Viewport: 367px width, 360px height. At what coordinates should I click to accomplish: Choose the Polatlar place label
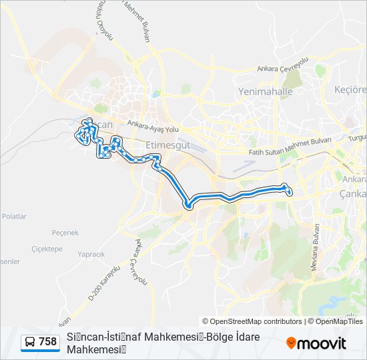pyautogui.click(x=14, y=217)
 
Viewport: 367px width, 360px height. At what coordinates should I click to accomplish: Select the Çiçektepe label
pyautogui.click(x=47, y=248)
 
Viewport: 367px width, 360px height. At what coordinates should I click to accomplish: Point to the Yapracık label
pyautogui.click(x=91, y=254)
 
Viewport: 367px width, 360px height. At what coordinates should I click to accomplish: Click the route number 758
pyautogui.click(x=47, y=342)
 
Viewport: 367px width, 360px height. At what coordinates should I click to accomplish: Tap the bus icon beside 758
pyautogui.click(x=30, y=342)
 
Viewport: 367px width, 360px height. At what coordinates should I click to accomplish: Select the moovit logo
pyautogui.click(x=316, y=343)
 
